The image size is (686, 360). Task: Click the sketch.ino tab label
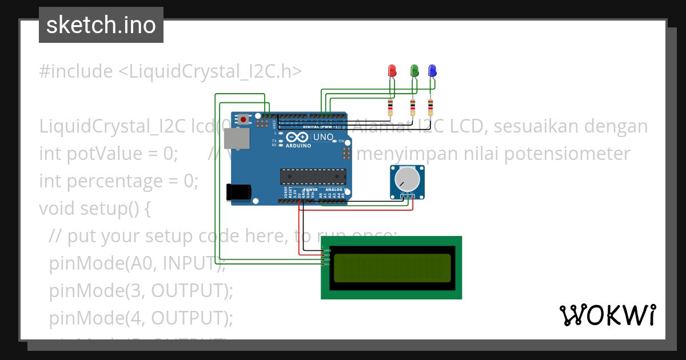[x=101, y=25]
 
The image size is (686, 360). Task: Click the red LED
[x=392, y=71]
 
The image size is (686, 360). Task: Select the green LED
[x=415, y=71]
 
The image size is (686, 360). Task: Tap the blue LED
[x=432, y=71]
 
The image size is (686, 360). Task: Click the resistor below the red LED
[x=390, y=107]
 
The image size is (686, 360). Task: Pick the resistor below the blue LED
[x=430, y=107]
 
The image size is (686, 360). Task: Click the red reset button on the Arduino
[x=244, y=119]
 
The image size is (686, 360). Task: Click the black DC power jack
[x=238, y=192]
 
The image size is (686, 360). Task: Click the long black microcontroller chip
[x=313, y=177]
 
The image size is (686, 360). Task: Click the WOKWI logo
[x=608, y=315]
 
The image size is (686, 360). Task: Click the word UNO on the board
[x=319, y=137]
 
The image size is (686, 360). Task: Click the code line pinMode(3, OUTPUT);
[x=141, y=291]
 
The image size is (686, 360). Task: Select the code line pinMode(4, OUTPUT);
[x=141, y=318]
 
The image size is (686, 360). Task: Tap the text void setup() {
[x=95, y=209]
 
